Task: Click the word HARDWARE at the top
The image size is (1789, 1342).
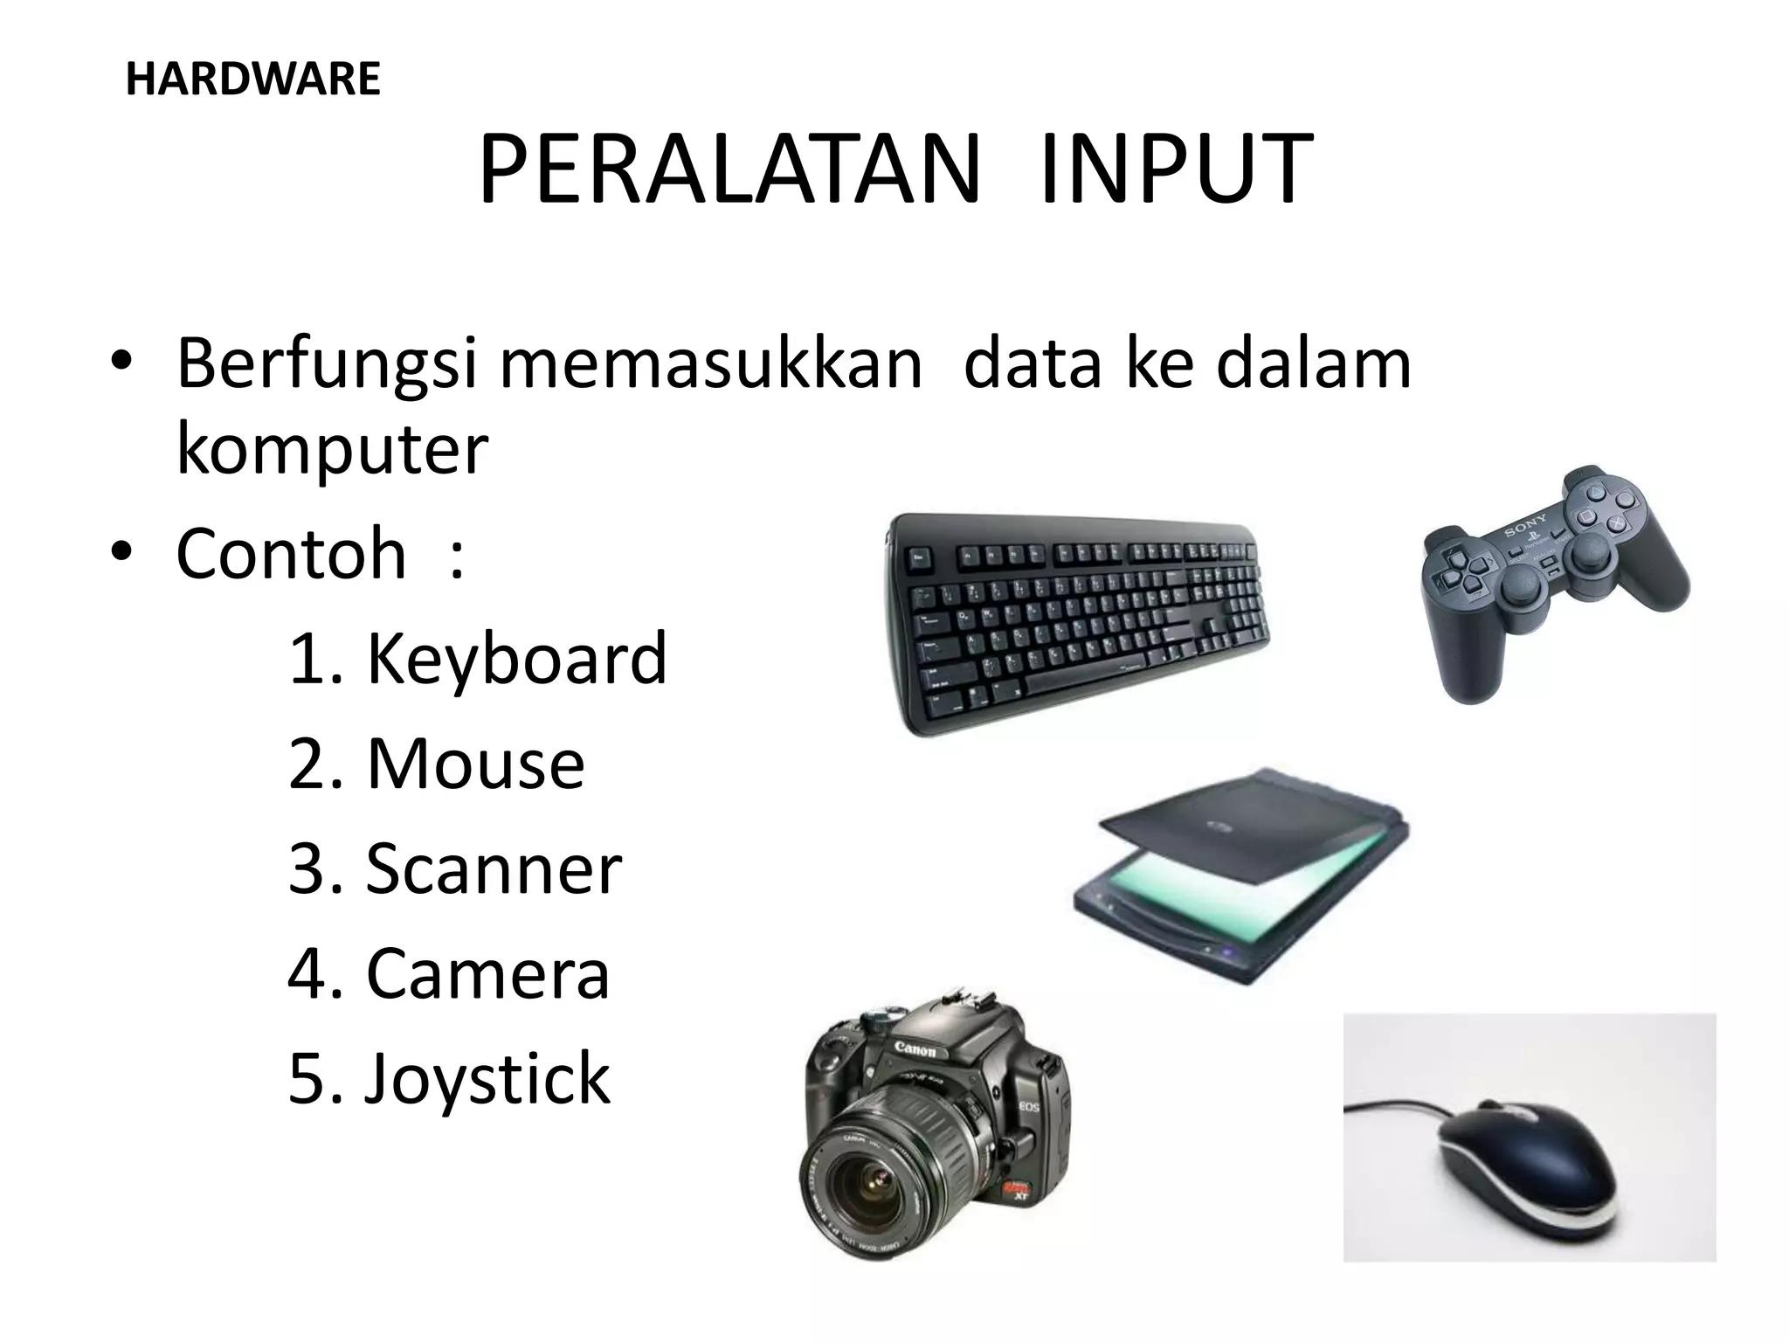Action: click(x=252, y=80)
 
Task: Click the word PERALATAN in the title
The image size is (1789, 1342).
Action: click(x=729, y=169)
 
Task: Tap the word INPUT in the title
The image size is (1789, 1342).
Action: click(x=1176, y=169)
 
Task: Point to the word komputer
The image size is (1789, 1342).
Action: click(x=332, y=450)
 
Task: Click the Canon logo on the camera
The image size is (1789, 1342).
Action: click(x=914, y=1049)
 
